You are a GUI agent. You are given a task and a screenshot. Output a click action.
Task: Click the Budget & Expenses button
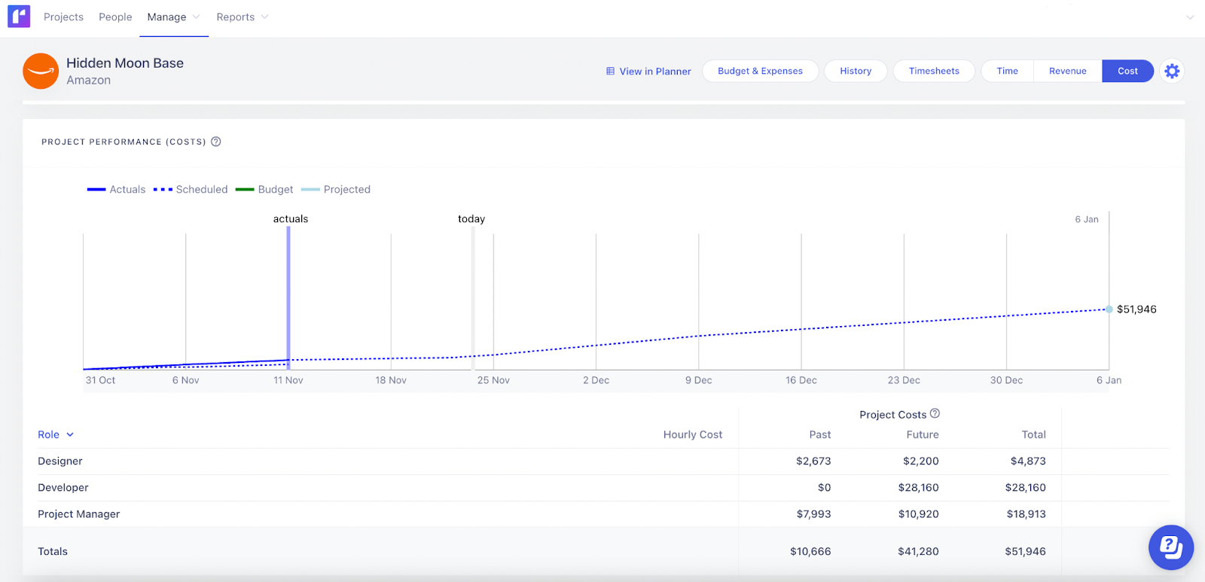(760, 71)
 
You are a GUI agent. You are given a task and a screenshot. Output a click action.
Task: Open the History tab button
(856, 71)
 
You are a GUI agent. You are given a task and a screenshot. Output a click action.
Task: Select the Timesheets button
(934, 71)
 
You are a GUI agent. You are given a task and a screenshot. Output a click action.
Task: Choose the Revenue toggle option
(1067, 71)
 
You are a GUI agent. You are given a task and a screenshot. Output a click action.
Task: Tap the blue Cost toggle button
(1127, 71)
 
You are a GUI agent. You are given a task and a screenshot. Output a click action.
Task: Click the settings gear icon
(1172, 71)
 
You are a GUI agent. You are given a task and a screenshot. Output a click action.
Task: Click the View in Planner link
(648, 72)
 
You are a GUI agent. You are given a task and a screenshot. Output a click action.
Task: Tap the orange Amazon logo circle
(41, 71)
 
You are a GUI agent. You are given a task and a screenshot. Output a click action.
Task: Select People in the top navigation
(115, 17)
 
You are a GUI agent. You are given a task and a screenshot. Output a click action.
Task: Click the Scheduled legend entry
(191, 190)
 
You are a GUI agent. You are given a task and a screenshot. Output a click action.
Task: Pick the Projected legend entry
(336, 190)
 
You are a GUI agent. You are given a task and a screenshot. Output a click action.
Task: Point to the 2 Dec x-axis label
(596, 380)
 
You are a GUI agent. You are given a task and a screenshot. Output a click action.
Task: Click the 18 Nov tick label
(391, 380)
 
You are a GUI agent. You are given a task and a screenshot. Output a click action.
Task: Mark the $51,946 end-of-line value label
(1136, 309)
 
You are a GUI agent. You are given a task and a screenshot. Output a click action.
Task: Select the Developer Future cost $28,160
(918, 488)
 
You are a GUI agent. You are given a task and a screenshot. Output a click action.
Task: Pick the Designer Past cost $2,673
(813, 462)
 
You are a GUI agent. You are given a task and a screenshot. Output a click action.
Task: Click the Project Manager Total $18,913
(1026, 514)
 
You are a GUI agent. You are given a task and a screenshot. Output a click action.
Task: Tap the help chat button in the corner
(1170, 547)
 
